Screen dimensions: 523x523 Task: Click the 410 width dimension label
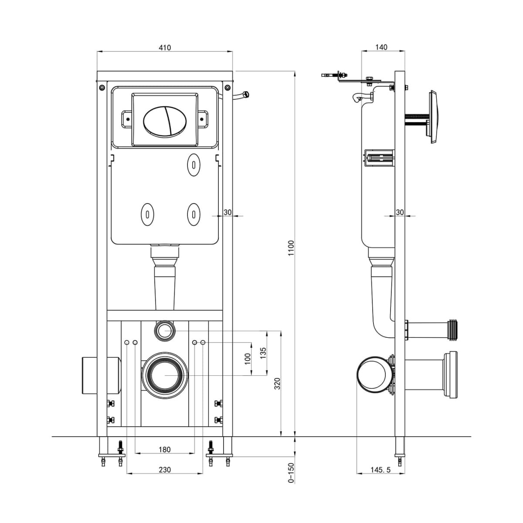coord(165,48)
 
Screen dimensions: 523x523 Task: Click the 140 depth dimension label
coord(381,48)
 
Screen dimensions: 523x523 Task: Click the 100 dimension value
coord(248,359)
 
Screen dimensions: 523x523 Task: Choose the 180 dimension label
coord(164,449)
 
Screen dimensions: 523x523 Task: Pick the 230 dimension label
coord(164,469)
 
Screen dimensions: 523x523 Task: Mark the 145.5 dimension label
coord(381,469)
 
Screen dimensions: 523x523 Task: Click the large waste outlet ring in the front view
coord(164,374)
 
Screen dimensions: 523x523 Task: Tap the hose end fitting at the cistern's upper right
coord(245,93)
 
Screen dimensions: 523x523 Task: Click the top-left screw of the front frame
coord(102,88)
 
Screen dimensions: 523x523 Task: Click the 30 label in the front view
coord(228,212)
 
